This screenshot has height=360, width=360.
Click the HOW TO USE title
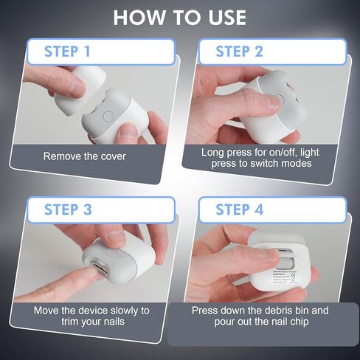180,17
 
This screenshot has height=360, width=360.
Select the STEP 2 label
239,52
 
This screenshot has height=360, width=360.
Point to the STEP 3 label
68,210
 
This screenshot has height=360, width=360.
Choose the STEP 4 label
239,210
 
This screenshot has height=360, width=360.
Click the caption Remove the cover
84,156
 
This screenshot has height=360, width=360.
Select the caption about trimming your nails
91,316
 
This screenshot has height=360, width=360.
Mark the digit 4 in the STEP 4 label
258,210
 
